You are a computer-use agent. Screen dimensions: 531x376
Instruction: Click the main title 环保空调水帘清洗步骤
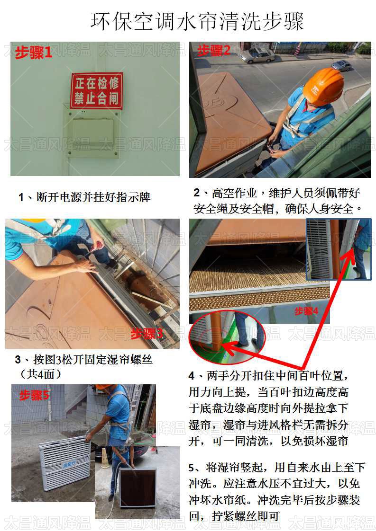197,21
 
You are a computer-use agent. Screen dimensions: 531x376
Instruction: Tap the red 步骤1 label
33,53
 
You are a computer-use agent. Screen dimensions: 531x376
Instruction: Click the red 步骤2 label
213,50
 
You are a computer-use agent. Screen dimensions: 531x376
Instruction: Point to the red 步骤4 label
306,311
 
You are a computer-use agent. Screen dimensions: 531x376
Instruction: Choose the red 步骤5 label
34,396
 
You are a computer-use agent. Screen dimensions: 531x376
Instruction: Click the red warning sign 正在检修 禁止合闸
97,91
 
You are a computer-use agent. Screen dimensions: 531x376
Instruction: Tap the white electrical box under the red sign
92,132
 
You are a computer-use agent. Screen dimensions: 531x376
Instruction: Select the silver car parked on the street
257,55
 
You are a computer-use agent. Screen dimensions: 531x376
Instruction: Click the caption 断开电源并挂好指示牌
84,197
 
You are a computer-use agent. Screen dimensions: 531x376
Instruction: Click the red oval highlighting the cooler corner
227,337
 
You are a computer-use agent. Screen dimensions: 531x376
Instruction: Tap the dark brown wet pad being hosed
138,487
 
